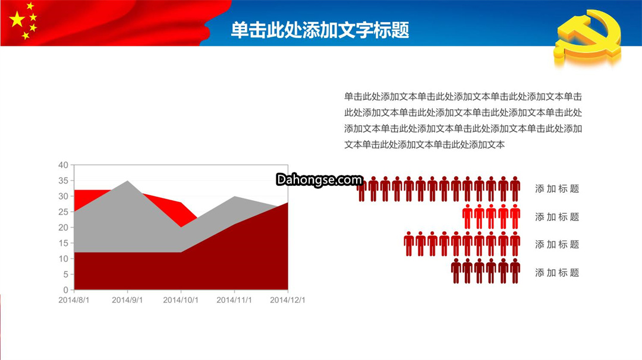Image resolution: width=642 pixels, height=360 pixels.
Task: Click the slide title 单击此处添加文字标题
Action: coord(320,30)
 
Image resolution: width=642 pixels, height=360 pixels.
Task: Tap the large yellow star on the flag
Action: coord(17,19)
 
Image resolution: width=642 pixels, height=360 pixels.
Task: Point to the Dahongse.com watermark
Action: coord(319,179)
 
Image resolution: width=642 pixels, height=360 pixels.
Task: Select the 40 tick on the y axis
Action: coord(63,165)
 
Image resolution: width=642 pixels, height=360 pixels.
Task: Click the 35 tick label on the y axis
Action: coord(63,181)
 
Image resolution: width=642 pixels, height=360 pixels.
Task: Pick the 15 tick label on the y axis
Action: coord(63,243)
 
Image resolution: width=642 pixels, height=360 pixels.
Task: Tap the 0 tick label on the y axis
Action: coord(65,290)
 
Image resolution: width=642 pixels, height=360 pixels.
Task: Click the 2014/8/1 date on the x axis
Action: coord(74,300)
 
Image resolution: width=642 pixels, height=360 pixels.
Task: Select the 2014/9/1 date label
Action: coord(127,300)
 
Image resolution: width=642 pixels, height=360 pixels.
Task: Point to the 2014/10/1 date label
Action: coord(181,300)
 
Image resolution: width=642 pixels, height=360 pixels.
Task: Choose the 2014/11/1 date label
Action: coord(234,300)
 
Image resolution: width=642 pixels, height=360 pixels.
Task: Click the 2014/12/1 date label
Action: coord(288,300)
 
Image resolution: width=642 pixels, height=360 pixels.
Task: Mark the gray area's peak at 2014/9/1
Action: coord(127,181)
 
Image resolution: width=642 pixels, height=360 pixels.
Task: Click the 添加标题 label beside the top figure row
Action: coord(557,188)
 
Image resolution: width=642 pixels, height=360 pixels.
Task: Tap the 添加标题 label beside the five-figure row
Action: coord(557,217)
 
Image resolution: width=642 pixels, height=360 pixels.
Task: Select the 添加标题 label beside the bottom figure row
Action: coord(557,273)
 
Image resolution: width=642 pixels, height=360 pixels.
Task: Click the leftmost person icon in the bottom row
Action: coord(456,271)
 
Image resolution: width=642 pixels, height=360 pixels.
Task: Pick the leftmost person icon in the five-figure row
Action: coord(467,217)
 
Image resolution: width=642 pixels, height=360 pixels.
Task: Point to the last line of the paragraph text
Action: coord(424,144)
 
